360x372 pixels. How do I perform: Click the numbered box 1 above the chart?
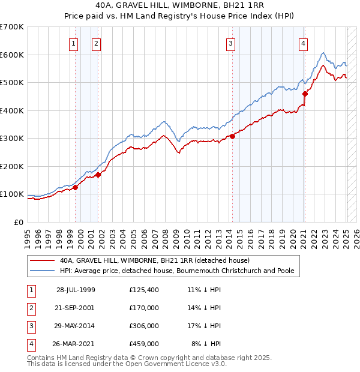pos(73,43)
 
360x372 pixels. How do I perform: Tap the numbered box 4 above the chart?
pos(304,43)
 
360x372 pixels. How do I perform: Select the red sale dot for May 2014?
pos(233,137)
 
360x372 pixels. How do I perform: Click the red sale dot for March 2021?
pos(305,94)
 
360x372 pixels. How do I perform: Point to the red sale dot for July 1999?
pos(76,187)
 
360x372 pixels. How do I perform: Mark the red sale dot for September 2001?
pos(98,175)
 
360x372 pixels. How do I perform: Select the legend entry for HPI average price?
pos(176,271)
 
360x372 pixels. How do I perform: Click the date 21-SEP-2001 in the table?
pos(76,307)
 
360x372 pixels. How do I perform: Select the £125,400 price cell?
pos(144,290)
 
